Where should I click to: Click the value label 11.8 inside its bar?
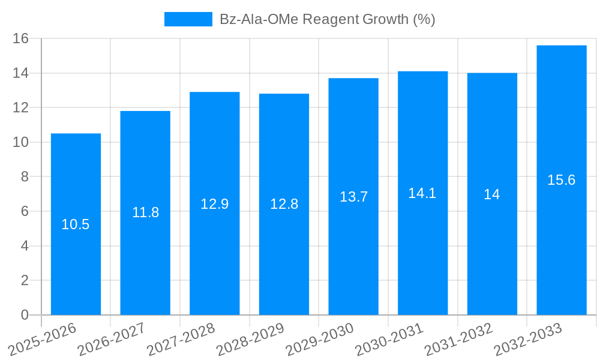(145, 212)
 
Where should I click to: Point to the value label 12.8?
(284, 204)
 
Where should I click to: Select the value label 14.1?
(422, 193)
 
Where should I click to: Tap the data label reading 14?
(492, 194)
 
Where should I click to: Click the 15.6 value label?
(562, 180)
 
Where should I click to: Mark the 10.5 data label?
(76, 224)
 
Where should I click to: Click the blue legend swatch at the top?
(188, 19)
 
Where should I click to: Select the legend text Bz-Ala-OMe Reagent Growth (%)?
(327, 19)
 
